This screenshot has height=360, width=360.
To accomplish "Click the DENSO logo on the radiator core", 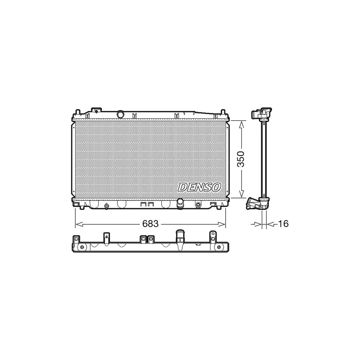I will (x=200, y=187).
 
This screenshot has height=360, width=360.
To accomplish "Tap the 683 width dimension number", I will (x=150, y=224).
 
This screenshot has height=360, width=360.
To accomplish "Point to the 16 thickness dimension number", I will (x=283, y=224).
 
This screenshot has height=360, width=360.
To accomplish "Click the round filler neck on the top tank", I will (x=120, y=115).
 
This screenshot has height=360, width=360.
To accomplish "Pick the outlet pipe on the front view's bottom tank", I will (x=180, y=203).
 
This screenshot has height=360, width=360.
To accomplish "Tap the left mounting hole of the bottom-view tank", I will (x=82, y=247).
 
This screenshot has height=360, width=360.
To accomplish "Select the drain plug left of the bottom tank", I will (x=107, y=206).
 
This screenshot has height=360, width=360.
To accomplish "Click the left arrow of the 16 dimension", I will (x=254, y=224).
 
